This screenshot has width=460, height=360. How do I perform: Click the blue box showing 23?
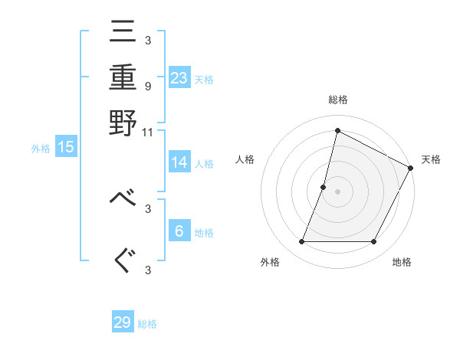[x=179, y=78]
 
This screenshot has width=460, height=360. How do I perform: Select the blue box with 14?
[x=179, y=162]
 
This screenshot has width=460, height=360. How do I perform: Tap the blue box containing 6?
[x=179, y=232]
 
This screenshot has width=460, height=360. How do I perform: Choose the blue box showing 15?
[x=66, y=148]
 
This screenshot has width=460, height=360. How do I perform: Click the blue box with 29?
[x=123, y=322]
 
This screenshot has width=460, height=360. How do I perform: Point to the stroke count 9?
[x=148, y=87]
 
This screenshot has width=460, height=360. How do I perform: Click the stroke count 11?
[x=148, y=133]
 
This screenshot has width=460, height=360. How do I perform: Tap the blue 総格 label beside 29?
[x=147, y=324]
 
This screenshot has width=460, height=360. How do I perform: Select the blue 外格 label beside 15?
[x=41, y=149]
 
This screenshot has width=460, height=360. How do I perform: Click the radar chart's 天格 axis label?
[x=431, y=159]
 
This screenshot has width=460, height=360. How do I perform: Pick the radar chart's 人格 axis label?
[x=245, y=159]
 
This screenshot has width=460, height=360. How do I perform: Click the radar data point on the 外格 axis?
[x=302, y=242]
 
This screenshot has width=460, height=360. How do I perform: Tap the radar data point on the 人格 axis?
[x=324, y=187]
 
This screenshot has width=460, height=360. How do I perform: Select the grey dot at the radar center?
[x=337, y=191]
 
